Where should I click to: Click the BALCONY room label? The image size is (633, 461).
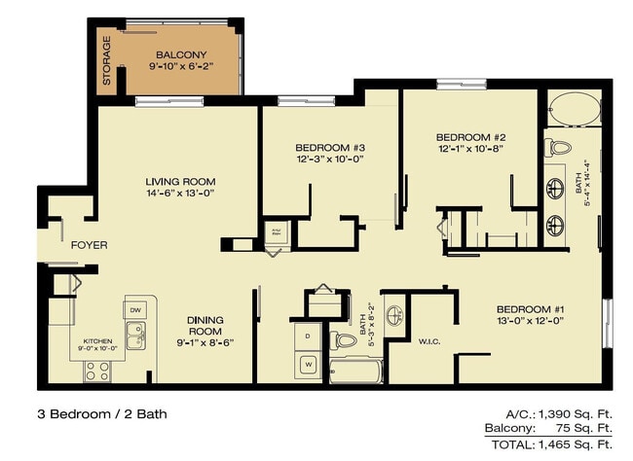179,54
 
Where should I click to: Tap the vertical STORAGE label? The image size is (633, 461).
107,60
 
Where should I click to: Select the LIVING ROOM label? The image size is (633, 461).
180,182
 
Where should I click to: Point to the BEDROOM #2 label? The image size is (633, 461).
469,137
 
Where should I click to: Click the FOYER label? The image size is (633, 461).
90,245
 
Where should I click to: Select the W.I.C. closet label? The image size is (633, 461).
430,340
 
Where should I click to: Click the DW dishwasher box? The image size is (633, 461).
135,309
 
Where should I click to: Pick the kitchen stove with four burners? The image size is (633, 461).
97,370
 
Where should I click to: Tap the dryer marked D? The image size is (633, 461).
309,337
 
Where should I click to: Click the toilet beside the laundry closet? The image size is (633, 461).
345,341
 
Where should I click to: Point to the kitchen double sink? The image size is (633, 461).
135,337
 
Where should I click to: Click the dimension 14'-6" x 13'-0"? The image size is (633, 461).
180,194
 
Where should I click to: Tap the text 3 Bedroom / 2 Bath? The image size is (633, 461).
95,413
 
